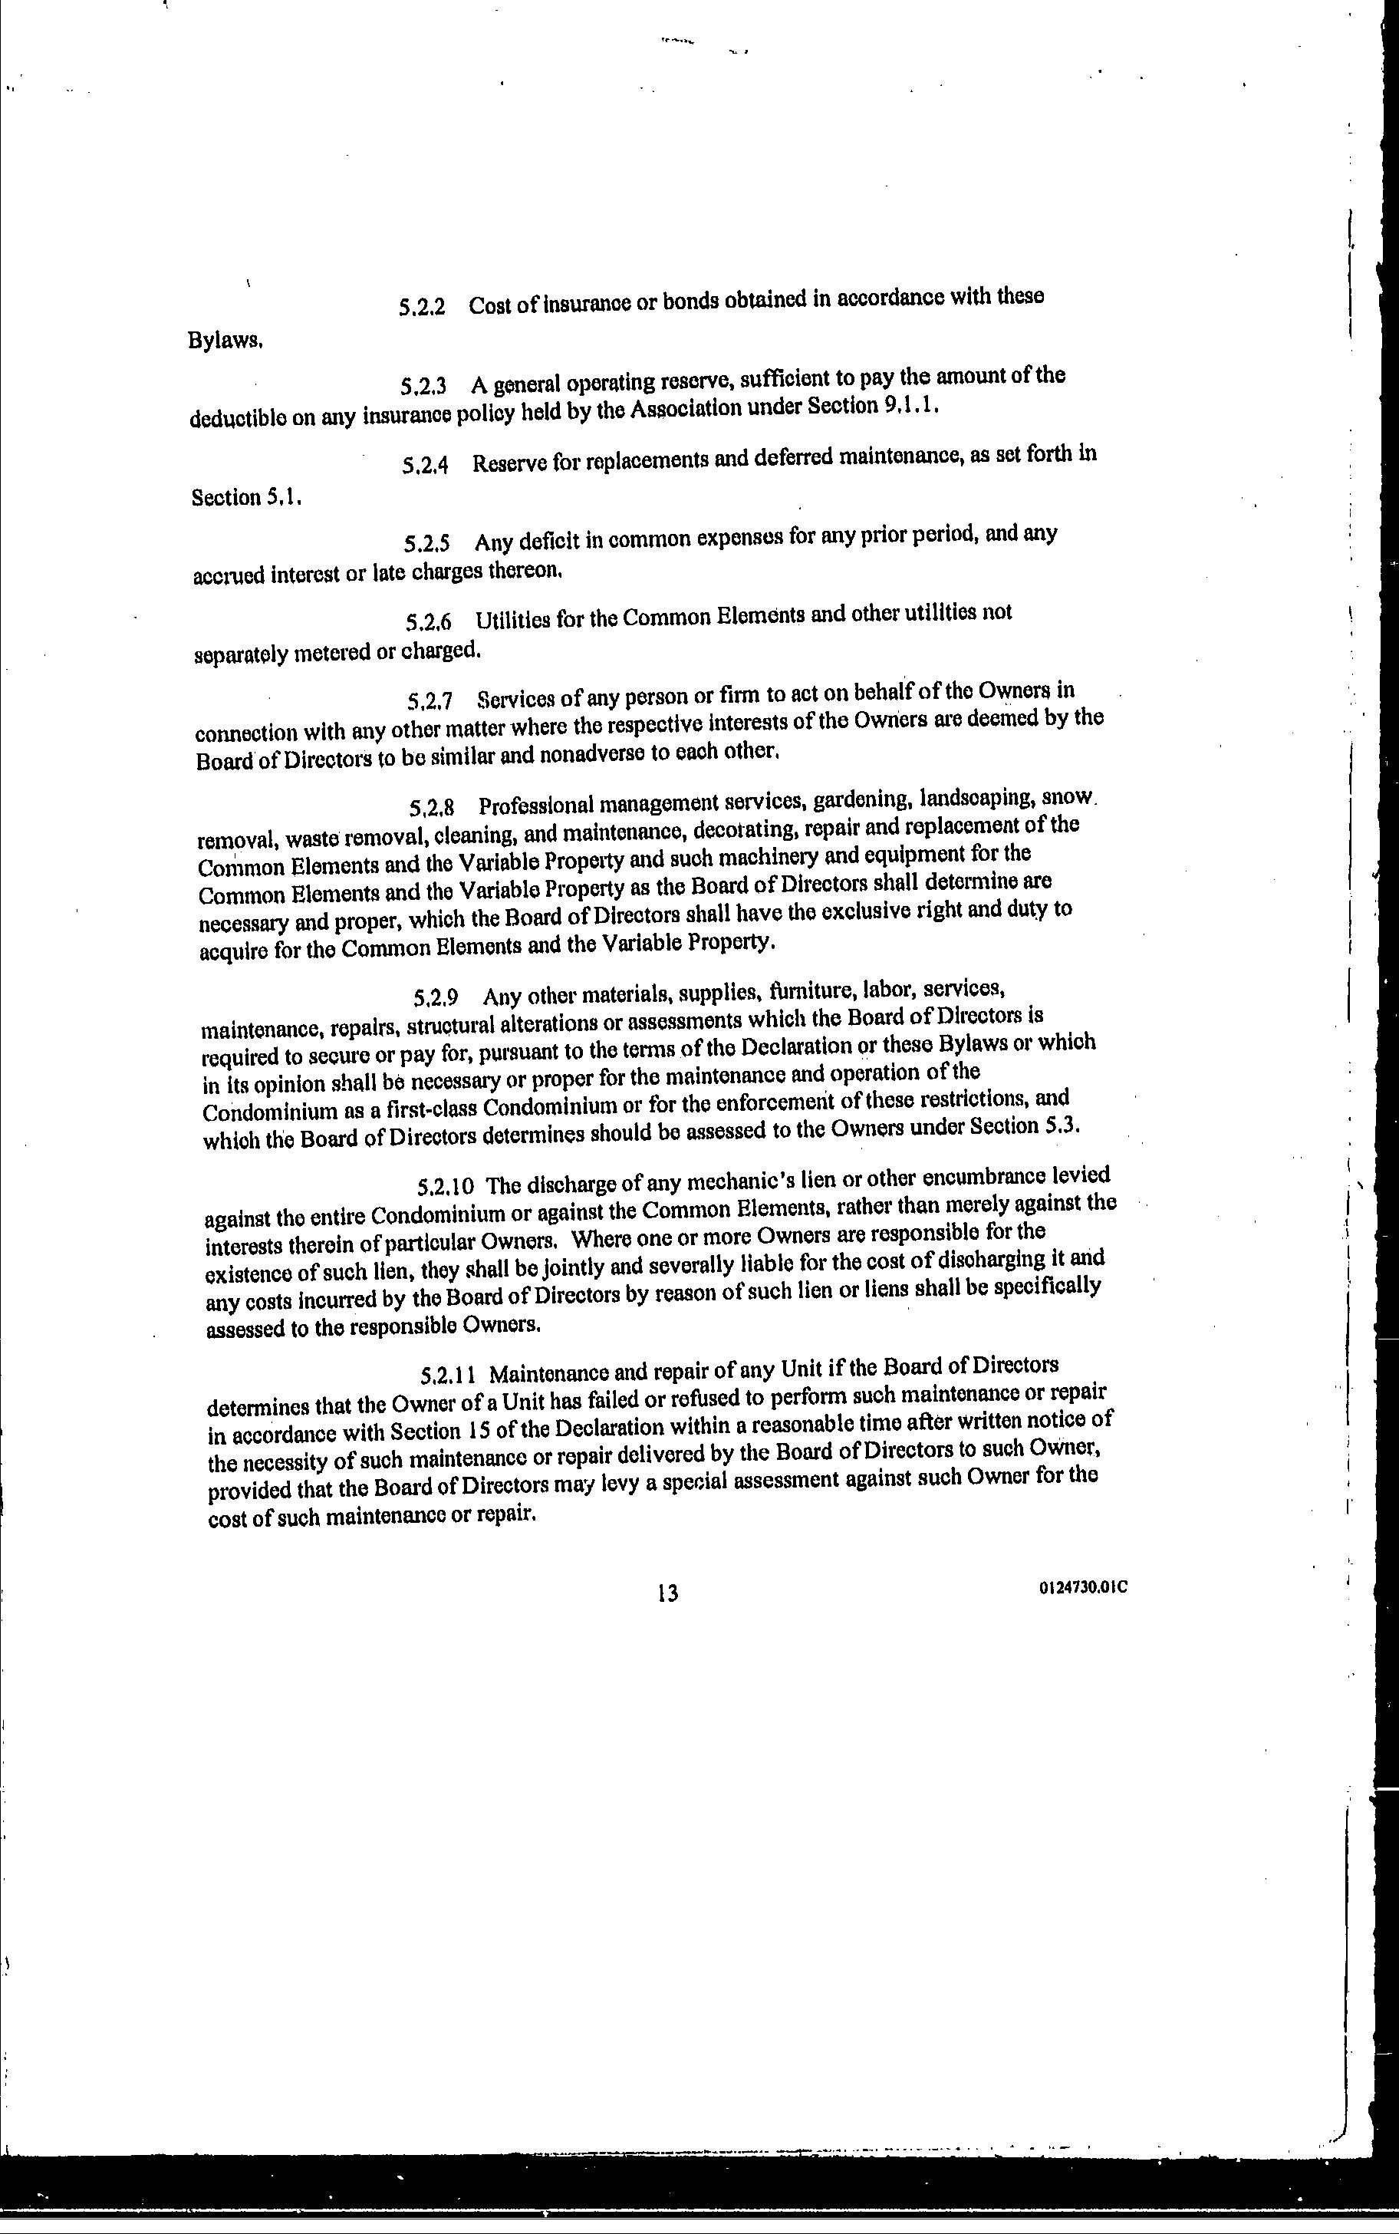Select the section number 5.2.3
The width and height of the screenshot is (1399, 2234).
coord(424,385)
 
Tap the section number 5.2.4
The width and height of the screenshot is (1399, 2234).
coord(426,465)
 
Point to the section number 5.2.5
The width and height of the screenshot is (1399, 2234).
coord(427,543)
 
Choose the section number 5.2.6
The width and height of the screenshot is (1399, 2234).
coord(429,622)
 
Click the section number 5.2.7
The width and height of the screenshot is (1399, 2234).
coord(430,700)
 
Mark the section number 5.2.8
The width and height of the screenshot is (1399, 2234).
coord(432,807)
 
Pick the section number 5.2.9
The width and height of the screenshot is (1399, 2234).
coord(436,997)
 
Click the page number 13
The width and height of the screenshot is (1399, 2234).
coord(667,1593)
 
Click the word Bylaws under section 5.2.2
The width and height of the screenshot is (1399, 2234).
coord(225,341)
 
